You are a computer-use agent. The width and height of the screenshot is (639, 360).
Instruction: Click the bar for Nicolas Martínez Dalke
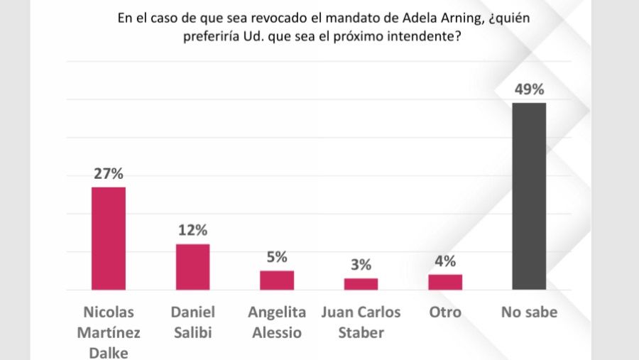(x=109, y=239)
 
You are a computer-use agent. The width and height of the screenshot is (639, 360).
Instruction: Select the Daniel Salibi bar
(x=192, y=267)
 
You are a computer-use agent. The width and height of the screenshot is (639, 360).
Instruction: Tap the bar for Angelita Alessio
(x=277, y=280)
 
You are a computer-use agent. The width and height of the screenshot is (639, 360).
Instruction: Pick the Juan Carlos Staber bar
(x=361, y=284)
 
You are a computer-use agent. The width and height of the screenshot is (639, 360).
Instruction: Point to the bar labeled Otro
(x=445, y=282)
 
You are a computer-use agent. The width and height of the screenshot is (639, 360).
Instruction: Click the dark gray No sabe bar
(x=529, y=197)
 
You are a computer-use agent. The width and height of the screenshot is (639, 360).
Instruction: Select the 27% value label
(x=109, y=173)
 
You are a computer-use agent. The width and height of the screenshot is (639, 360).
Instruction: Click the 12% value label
(x=192, y=230)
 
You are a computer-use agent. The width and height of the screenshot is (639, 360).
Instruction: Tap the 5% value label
(x=277, y=257)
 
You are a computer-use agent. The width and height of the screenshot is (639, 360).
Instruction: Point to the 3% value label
(x=361, y=265)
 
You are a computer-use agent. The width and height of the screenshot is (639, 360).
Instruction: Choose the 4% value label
(x=445, y=261)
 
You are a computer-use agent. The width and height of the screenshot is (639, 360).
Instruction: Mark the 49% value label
(x=529, y=89)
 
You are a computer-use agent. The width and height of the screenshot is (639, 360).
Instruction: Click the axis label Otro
(x=445, y=312)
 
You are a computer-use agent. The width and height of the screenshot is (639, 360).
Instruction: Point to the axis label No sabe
(x=529, y=312)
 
